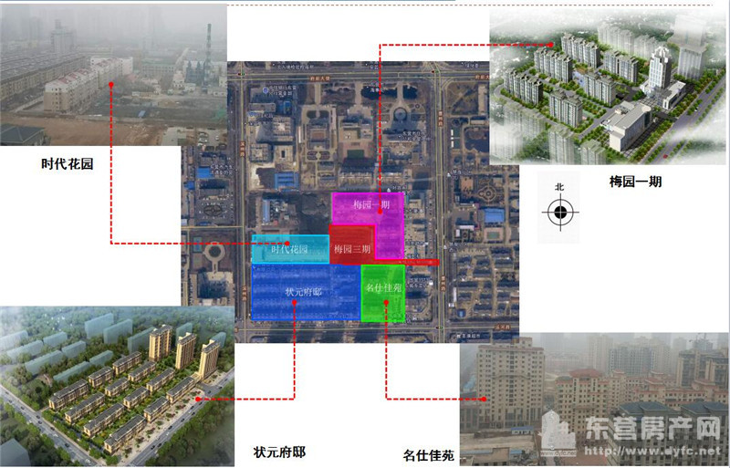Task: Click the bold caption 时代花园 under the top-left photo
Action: point(68,165)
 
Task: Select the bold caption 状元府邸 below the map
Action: point(280,452)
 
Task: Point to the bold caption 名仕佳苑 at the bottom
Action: point(428,453)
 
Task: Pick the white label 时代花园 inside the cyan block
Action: point(288,249)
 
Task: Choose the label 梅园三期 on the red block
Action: point(352,249)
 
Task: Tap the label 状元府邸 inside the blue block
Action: point(304,291)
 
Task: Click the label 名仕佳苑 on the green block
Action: point(383,287)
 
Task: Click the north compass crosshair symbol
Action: point(559,213)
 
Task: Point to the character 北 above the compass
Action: point(559,187)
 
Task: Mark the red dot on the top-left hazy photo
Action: point(111,85)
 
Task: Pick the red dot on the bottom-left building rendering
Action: point(198,399)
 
